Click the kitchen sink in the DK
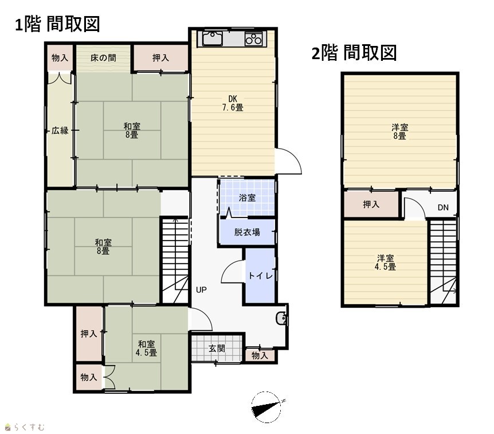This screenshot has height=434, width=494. [x=213, y=38]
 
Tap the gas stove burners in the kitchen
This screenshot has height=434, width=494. [x=254, y=38]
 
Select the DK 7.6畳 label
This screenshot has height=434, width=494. [x=233, y=103]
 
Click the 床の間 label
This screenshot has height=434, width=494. [x=103, y=58]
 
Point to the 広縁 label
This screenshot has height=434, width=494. [x=60, y=130]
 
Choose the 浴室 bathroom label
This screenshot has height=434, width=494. [x=247, y=198]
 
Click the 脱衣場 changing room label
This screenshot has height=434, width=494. [x=247, y=232]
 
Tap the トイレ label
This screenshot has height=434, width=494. [x=260, y=276]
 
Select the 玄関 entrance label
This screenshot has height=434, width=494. [x=217, y=348]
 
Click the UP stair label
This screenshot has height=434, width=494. [x=201, y=289]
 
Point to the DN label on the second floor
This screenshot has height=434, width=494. [x=443, y=207]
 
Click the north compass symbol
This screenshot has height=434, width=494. [x=266, y=407]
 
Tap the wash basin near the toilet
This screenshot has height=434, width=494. [x=281, y=318]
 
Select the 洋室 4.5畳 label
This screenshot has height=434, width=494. [x=385, y=262]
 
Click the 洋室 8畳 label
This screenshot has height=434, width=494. [x=400, y=132]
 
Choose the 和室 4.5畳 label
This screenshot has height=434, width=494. [x=146, y=348]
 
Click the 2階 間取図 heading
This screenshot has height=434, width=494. [x=354, y=53]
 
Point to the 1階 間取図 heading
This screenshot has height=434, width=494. [x=57, y=24]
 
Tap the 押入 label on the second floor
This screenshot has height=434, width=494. [x=371, y=204]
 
